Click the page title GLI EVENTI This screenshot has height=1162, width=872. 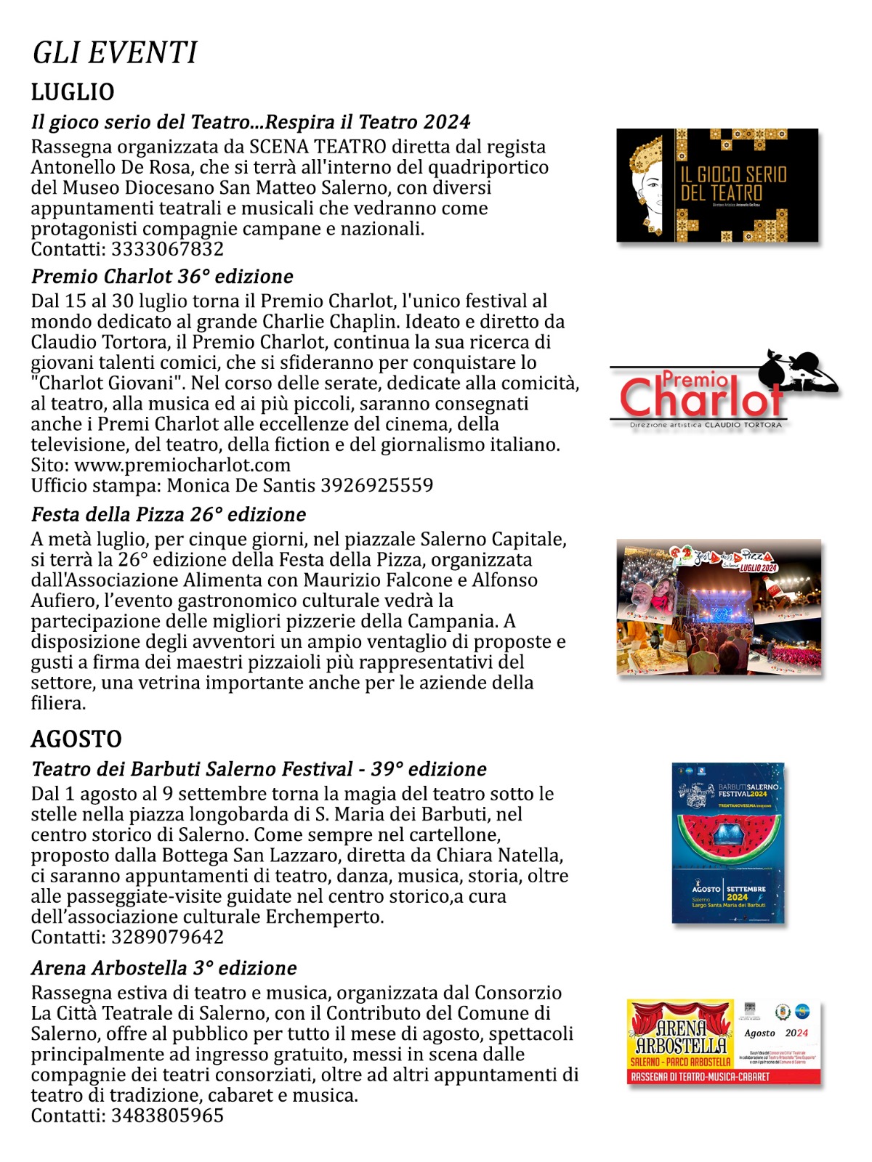(115, 53)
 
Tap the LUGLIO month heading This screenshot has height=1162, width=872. (73, 92)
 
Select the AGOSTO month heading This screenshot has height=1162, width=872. (76, 739)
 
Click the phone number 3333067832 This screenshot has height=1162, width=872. (167, 249)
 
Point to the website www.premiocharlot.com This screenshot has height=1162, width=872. (182, 465)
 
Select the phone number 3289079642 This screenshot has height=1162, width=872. (167, 937)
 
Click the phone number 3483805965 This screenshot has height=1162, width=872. (167, 1116)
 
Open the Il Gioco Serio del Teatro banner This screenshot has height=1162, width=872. (717, 185)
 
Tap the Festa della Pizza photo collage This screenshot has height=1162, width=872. (719, 606)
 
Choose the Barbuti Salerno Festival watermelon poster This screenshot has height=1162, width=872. (728, 842)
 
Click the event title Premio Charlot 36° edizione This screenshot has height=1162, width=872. (162, 277)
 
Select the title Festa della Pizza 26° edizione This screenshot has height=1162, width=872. (169, 515)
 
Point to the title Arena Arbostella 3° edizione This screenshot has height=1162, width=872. (164, 968)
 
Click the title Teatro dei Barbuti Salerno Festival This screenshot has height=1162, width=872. (193, 769)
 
